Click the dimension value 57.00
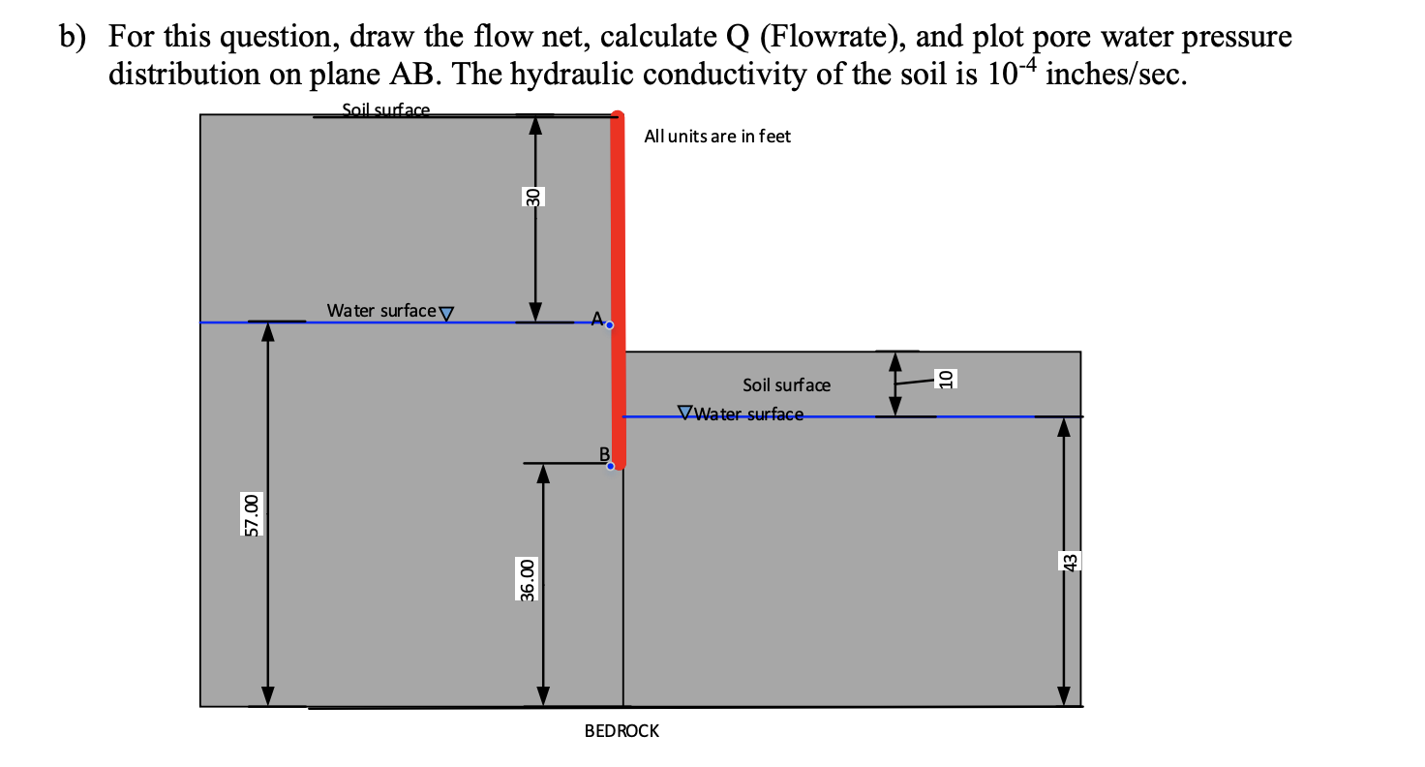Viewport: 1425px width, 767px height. [x=251, y=513]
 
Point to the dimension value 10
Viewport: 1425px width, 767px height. [x=947, y=378]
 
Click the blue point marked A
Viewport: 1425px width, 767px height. [x=609, y=325]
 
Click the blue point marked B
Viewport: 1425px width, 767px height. [x=610, y=466]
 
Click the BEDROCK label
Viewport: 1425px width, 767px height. [x=622, y=731]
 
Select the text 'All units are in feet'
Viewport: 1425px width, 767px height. [x=716, y=137]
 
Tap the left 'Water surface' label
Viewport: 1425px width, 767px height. [x=380, y=311]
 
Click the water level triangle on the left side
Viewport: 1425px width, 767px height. [x=446, y=313]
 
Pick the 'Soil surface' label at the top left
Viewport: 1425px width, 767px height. [x=386, y=110]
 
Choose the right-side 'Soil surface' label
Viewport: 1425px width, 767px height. [x=786, y=384]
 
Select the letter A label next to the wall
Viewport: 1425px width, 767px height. [x=596, y=318]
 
